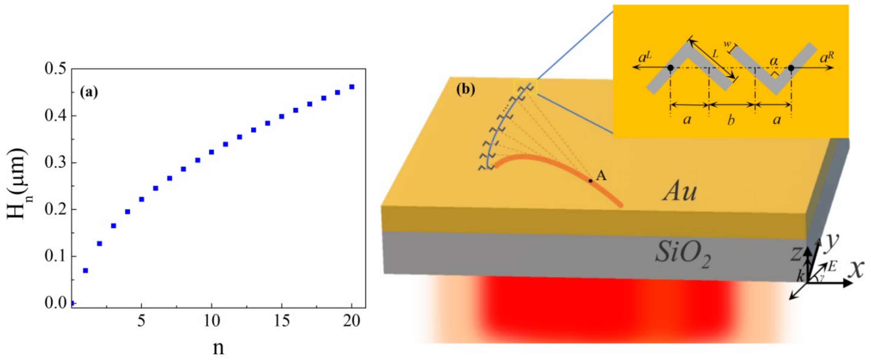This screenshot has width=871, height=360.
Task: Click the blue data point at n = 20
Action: click(352, 87)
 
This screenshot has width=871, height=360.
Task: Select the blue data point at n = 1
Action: click(85, 270)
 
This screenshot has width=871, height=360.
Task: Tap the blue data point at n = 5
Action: click(141, 199)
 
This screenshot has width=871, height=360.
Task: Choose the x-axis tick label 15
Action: click(282, 320)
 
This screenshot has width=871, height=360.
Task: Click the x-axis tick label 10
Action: click(212, 320)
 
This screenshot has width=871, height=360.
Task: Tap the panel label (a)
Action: click(89, 92)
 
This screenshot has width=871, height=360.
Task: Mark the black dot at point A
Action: click(590, 181)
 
